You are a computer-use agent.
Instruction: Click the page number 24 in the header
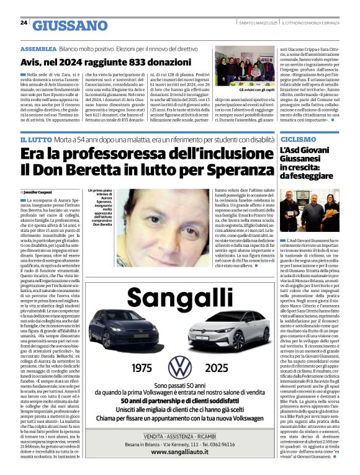(x=24, y=23)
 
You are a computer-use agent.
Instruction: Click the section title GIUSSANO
(x=70, y=25)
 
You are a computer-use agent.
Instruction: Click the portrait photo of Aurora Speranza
(x=155, y=219)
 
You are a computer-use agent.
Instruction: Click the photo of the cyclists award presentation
(x=310, y=208)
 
